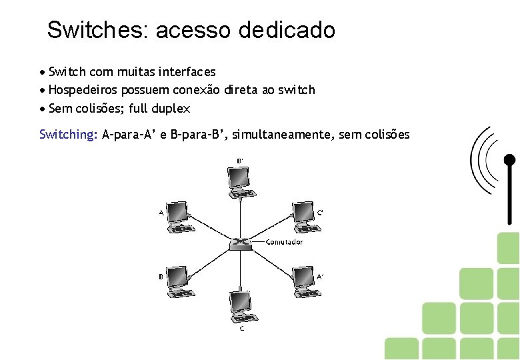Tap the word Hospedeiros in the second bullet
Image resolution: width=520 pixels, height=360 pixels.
[x=83, y=89]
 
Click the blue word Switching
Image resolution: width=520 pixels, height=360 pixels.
[x=68, y=135]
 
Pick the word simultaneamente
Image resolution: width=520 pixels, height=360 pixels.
[x=271, y=135]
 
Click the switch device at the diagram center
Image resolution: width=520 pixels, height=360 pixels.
[x=239, y=242]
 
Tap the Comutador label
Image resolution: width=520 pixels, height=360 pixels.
[x=284, y=242]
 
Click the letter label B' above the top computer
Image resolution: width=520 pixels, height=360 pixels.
[x=240, y=161]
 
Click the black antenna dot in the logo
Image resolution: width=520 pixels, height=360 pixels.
[x=509, y=159]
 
